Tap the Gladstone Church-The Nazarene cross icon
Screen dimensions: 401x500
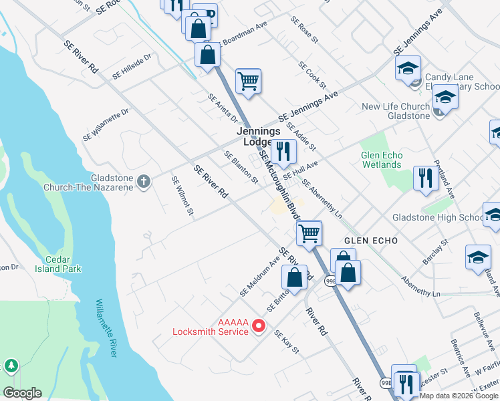tap(143, 180)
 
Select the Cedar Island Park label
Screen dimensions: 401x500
tap(64, 264)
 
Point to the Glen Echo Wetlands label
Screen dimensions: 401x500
tap(381, 160)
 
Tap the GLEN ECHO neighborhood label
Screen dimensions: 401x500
tap(371, 240)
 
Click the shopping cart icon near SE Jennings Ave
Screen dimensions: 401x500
tap(248, 82)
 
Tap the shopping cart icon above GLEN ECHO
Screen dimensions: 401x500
tap(309, 233)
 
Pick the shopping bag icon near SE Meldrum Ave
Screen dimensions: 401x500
tap(294, 277)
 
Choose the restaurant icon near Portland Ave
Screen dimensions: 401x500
tap(425, 178)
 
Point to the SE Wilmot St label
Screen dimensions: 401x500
tap(182, 196)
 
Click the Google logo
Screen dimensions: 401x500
tap(22, 393)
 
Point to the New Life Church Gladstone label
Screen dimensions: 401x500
tap(396, 111)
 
